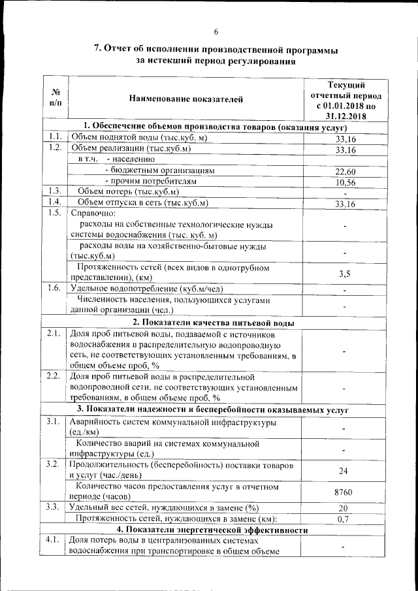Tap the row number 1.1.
pos(54,137)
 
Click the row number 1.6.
pos(54,288)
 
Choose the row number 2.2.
pos(54,376)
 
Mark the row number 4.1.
pos(54,541)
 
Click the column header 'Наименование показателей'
pos(185,99)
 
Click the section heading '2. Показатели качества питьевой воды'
pos(213,323)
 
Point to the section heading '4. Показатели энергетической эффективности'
pos(213,530)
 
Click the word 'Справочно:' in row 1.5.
pos(93,214)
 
